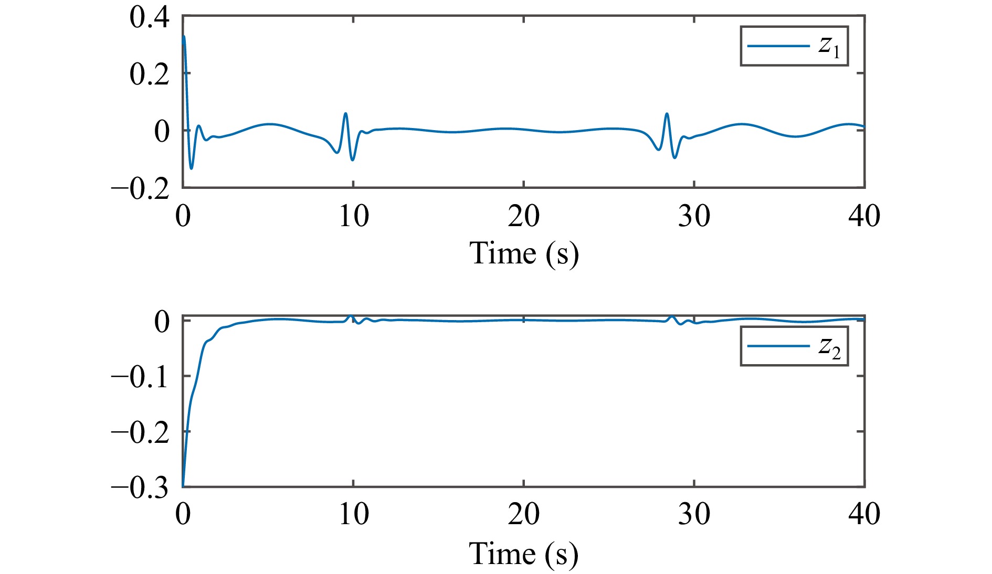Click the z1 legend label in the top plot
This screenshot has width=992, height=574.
pos(829,47)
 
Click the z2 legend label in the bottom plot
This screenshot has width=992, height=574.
pos(829,347)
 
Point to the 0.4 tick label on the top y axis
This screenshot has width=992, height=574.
pos(150,17)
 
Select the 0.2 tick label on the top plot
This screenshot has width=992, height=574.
pos(150,74)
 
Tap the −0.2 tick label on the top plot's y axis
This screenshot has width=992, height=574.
pos(141,188)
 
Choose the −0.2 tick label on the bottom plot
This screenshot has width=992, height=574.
pos(141,432)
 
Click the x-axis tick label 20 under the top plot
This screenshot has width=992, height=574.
pos(523,216)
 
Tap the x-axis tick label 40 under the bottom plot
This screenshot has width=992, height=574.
pos(864,514)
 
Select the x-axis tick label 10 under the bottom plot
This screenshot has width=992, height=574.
pos(353,514)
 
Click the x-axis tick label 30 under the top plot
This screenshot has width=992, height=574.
pos(694,216)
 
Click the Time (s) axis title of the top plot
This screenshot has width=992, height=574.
pos(523,253)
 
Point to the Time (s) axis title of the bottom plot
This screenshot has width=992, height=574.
pos(523,554)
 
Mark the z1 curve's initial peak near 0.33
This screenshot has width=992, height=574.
pos(184,36)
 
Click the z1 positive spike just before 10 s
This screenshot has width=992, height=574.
pos(345,113)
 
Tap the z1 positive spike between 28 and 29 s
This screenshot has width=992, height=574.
pos(667,113)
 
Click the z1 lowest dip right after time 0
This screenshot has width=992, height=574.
pos(191,168)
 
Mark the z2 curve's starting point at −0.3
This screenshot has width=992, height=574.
pos(183,486)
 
